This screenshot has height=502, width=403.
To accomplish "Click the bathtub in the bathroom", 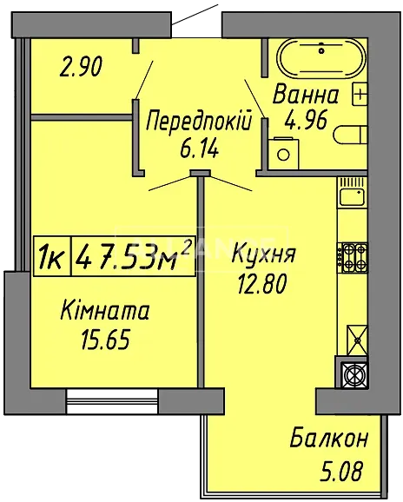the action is coord(321,58).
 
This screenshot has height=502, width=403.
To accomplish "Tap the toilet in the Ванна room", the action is coord(350,135).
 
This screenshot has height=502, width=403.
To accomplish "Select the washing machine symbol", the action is coord(283,154).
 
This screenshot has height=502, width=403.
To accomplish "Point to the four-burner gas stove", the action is coord(352,258).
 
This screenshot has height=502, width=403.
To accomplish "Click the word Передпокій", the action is coord(198,121).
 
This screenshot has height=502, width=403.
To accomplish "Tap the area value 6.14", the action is coord(199,149).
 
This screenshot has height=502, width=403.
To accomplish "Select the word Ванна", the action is coord(306,94).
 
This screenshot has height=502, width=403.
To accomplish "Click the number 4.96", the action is coord(306,121).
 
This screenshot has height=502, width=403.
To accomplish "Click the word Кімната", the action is coord(105,311).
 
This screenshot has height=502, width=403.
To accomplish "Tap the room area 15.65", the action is coord(106,340).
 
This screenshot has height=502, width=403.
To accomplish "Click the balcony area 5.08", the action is coord(342,470).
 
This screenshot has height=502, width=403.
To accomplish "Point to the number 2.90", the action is coord(81,67).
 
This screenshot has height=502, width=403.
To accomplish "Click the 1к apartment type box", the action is coord(52,256).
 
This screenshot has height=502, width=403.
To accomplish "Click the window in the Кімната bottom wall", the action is coord(112,401).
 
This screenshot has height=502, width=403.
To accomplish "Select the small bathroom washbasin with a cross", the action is coord(360,94).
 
